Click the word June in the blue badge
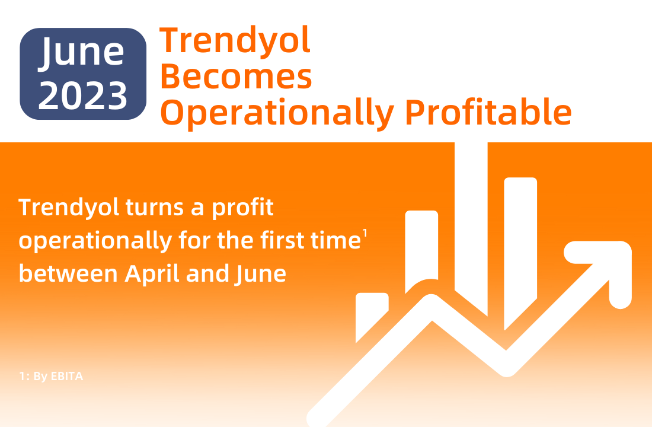click(x=82, y=52)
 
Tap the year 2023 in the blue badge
click(x=83, y=95)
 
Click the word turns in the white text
click(x=154, y=207)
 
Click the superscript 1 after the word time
click(x=365, y=233)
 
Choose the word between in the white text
click(x=68, y=274)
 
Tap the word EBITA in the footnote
click(x=67, y=376)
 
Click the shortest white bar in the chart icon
click(x=372, y=317)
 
